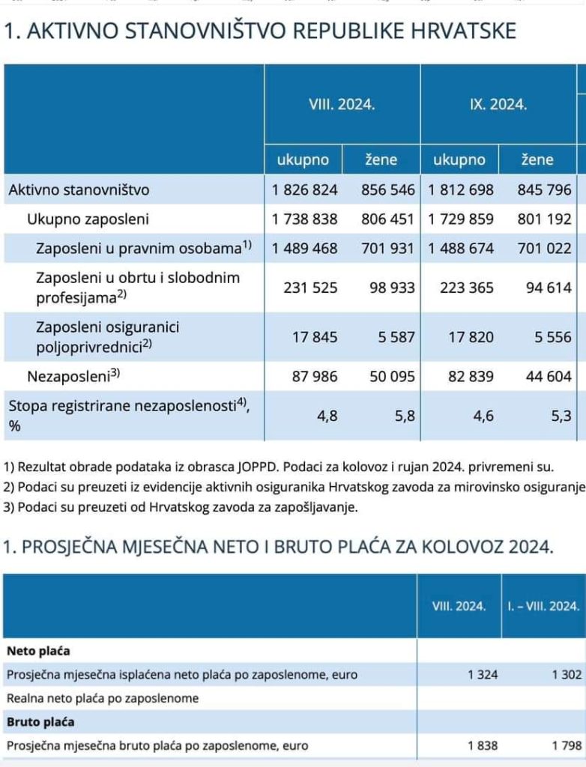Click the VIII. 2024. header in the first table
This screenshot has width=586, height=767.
342,105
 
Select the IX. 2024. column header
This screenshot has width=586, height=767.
498,105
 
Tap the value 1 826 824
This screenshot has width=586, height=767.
305,190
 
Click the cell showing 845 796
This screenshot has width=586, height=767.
544,190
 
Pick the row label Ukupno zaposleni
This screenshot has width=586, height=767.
88,219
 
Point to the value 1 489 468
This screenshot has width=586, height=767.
305,249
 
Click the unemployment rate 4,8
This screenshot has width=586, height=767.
327,416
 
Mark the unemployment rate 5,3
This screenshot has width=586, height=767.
561,416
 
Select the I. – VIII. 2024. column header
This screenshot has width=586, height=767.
543,605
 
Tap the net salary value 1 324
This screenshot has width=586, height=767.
483,675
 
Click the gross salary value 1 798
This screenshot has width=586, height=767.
567,746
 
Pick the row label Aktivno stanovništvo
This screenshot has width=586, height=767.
79,190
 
